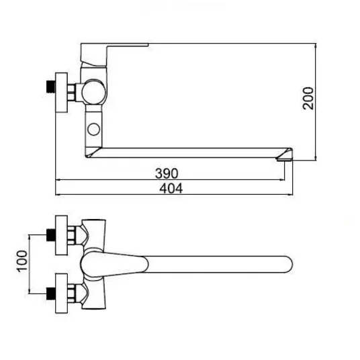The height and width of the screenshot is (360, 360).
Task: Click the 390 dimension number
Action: point(167,173)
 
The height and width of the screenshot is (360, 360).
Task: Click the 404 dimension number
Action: point(171,189)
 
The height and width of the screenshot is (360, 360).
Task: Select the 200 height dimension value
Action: point(308,98)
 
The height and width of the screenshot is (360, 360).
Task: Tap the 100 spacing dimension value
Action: point(22,261)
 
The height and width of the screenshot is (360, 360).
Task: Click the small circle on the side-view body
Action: point(93,129)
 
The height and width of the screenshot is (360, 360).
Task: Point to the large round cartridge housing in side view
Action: point(93,92)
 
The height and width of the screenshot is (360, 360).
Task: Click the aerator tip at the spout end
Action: point(285,158)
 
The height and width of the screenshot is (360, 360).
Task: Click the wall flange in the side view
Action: point(62,93)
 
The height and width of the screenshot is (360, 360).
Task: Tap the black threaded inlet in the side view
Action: point(51,87)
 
